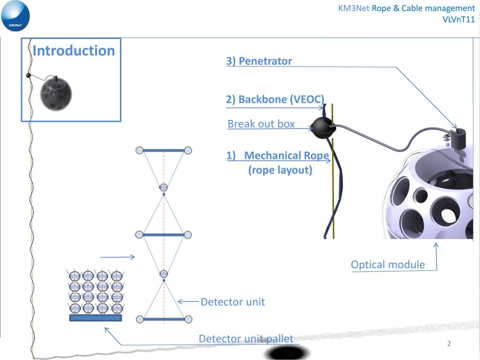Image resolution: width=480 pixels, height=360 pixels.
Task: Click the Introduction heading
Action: tap(74, 51)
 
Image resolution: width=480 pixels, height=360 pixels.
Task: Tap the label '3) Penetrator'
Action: tap(259, 61)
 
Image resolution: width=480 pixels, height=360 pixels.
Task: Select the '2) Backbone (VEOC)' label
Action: tap(275, 99)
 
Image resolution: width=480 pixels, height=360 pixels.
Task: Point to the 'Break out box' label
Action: tap(261, 124)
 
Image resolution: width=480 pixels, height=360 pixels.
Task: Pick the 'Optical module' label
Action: tap(388, 264)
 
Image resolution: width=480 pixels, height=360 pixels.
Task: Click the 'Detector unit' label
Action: tap(232, 302)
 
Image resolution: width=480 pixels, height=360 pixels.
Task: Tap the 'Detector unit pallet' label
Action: tap(246, 338)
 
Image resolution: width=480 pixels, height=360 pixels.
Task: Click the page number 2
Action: tap(449, 344)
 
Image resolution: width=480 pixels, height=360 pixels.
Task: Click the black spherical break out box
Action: tap(322, 127)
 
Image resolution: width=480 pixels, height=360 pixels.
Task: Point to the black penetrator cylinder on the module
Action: tap(455, 137)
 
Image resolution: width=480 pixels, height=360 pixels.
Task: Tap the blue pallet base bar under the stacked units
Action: tap(96, 318)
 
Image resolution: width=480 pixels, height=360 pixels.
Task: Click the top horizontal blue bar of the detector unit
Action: tap(164, 150)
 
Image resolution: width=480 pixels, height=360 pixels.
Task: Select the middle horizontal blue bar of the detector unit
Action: tap(164, 234)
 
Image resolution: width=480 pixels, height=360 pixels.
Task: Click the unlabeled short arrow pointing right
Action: tap(118, 257)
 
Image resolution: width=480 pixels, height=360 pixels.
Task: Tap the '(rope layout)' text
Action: tap(280, 170)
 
